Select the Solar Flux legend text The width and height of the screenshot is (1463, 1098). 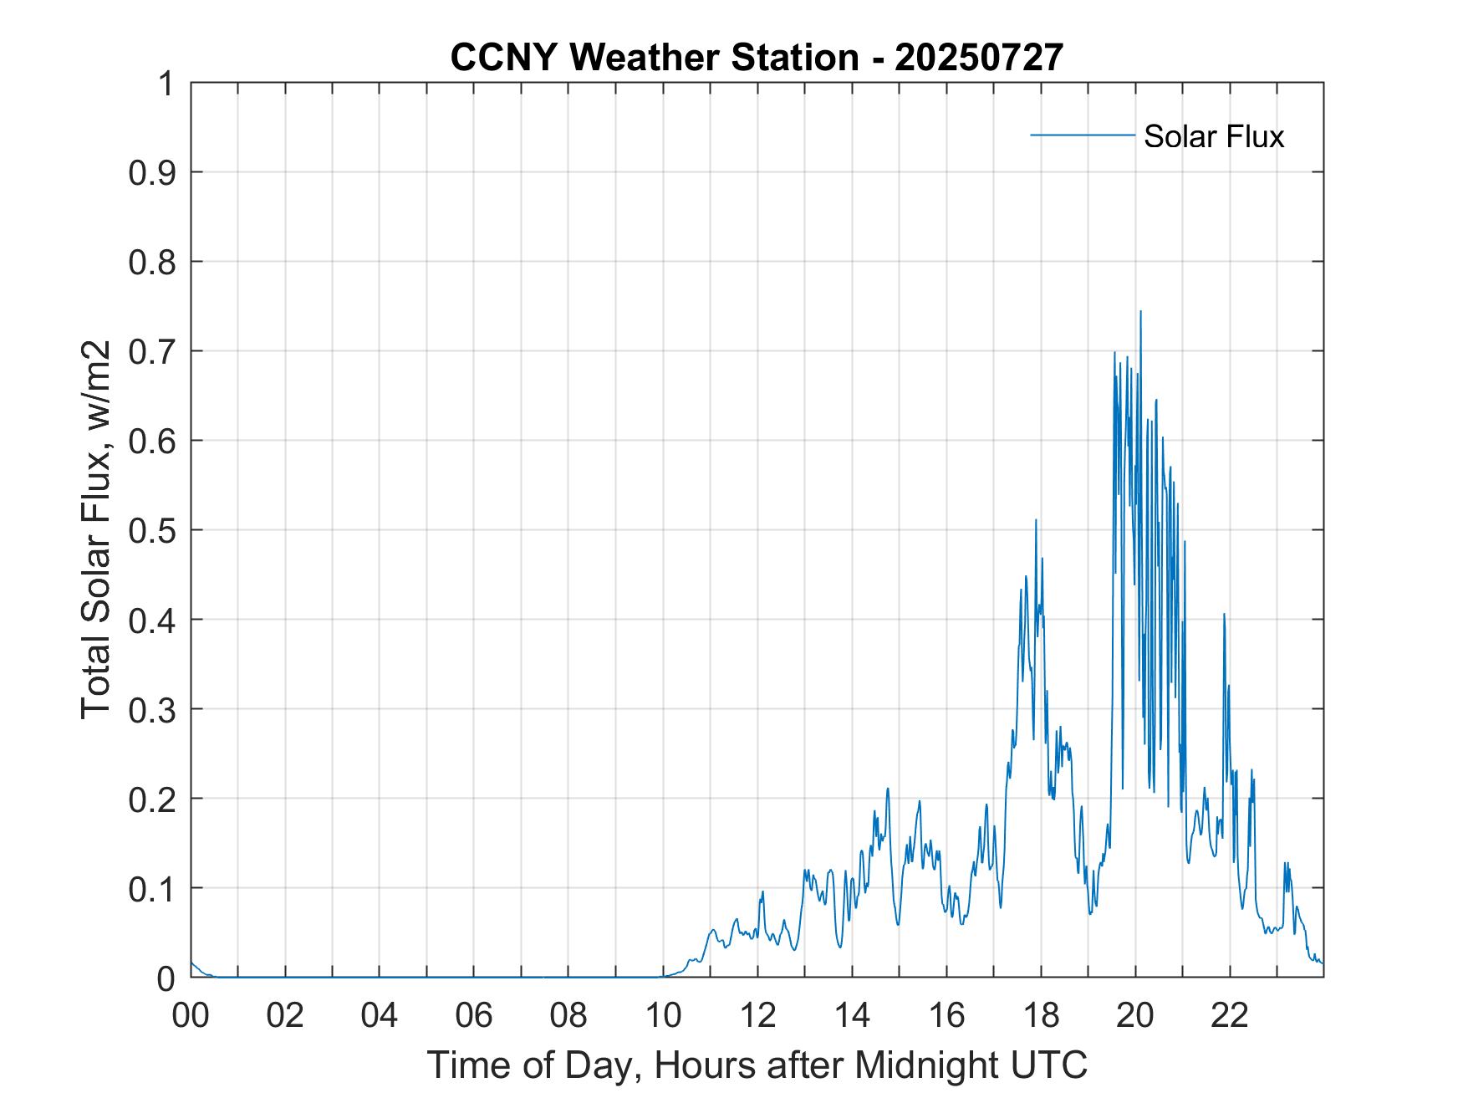click(1213, 136)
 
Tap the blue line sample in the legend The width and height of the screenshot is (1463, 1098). click(1082, 135)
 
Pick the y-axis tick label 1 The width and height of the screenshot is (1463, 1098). click(166, 84)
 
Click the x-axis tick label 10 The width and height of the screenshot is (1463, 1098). click(664, 1016)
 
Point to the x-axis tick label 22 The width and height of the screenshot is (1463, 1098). click(1230, 1016)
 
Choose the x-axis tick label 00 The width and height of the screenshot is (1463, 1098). click(191, 1016)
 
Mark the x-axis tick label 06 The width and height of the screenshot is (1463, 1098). click(475, 1016)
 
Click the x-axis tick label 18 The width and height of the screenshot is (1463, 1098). click(1041, 1016)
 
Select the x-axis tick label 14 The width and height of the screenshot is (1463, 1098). click(852, 1016)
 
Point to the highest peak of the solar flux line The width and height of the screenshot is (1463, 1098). click(1140, 312)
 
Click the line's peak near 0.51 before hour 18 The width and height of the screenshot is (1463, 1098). click(1036, 520)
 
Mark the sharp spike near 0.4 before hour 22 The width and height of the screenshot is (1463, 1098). click(1224, 615)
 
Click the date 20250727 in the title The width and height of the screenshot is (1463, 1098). click(979, 58)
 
